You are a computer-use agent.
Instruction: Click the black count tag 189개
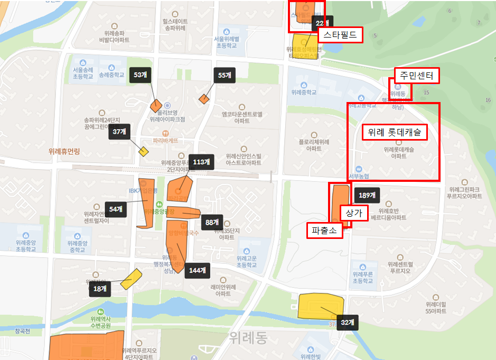coord(367,195)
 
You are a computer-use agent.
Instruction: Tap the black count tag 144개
coord(196,270)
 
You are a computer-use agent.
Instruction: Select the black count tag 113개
coord(201,162)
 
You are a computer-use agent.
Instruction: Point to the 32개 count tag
coord(347,322)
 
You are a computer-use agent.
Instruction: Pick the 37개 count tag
coord(119,133)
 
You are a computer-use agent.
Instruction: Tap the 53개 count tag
coord(140,75)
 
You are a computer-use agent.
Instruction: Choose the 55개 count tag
coord(224,75)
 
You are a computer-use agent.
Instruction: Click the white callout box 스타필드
coord(340,35)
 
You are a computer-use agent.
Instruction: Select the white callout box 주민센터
coord(417,76)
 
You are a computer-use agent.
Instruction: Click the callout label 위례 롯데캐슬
coord(394,132)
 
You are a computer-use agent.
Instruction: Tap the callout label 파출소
coord(324,230)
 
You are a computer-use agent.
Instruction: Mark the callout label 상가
coord(353,213)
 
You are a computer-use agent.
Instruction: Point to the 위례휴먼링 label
coord(63,151)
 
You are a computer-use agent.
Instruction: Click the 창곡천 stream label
coord(23,331)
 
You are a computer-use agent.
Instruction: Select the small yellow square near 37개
coord(143,151)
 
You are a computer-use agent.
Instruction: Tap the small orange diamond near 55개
coord(204,98)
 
